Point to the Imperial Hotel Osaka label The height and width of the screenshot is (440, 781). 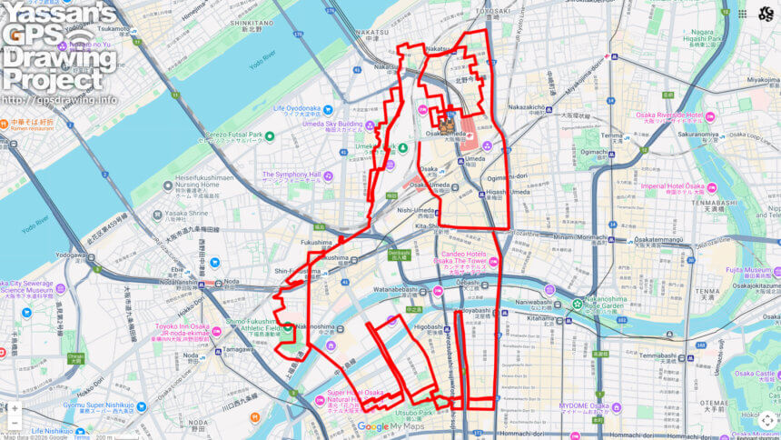[x=673, y=186]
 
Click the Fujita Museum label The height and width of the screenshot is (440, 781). [x=746, y=270]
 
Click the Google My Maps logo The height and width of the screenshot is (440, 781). [x=390, y=426]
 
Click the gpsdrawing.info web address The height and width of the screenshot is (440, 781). [x=59, y=100]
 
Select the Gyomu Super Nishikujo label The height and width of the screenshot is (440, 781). [x=98, y=406]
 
